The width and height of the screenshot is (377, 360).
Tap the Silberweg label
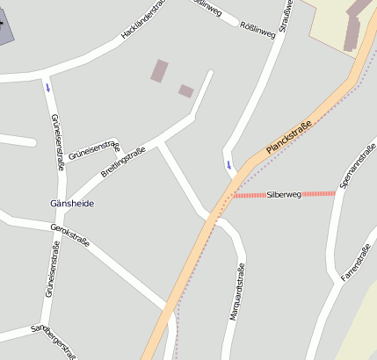[284, 194]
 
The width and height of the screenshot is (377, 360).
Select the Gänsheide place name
[72, 204]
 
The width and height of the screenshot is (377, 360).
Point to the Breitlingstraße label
[122, 162]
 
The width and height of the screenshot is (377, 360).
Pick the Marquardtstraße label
[236, 292]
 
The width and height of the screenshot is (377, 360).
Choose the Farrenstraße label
[357, 262]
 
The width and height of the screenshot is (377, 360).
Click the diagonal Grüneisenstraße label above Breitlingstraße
[94, 149]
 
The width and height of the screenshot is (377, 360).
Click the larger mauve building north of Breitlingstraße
[159, 71]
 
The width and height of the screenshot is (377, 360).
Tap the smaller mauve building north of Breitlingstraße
[186, 90]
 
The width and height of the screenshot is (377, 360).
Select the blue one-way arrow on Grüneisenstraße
[47, 87]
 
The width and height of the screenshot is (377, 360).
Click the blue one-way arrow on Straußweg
[230, 164]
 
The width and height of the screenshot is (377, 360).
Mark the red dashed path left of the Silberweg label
[249, 195]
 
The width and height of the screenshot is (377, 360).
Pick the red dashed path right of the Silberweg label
[320, 193]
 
